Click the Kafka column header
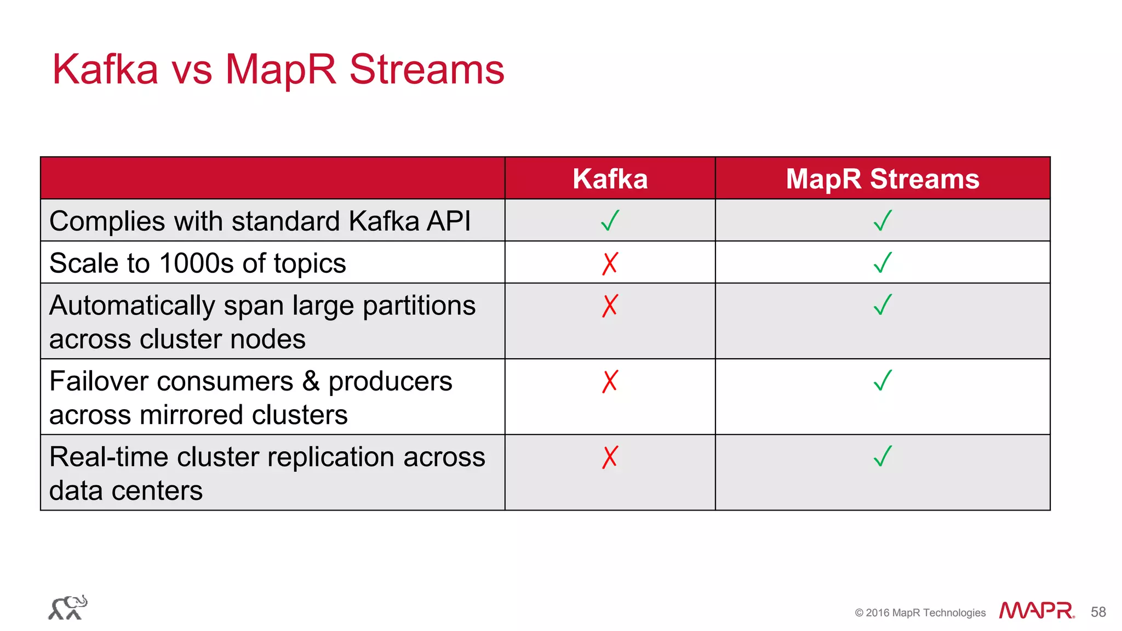click(610, 179)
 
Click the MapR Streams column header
click(882, 179)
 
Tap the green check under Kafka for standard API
click(610, 221)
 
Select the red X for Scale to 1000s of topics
click(610, 263)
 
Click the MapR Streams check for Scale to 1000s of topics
click(883, 263)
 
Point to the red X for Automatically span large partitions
click(610, 306)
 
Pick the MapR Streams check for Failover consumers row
click(883, 381)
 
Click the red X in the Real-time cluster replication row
click(610, 457)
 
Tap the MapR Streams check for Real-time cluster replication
click(883, 456)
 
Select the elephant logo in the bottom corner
click(68, 607)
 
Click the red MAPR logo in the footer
click(1036, 610)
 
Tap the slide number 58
click(1098, 612)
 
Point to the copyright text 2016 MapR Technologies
click(920, 612)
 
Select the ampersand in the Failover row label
click(311, 381)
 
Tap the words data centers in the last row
click(126, 490)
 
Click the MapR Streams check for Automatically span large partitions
click(883, 305)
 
